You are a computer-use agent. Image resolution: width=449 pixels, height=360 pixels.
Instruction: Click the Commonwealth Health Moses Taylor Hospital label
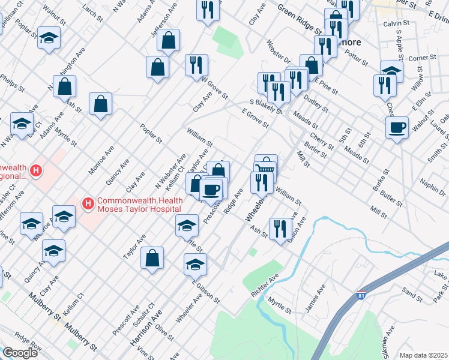tap(139, 205)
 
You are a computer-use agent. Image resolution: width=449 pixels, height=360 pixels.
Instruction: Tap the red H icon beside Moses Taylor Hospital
tap(88, 205)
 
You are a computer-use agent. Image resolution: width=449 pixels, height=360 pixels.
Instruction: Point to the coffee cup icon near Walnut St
tap(397, 128)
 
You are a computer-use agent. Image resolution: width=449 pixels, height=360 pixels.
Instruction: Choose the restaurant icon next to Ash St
tap(280, 229)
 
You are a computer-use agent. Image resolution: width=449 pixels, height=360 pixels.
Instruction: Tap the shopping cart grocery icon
tap(265, 170)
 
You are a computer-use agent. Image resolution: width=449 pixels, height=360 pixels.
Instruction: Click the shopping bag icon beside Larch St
tap(169, 41)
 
